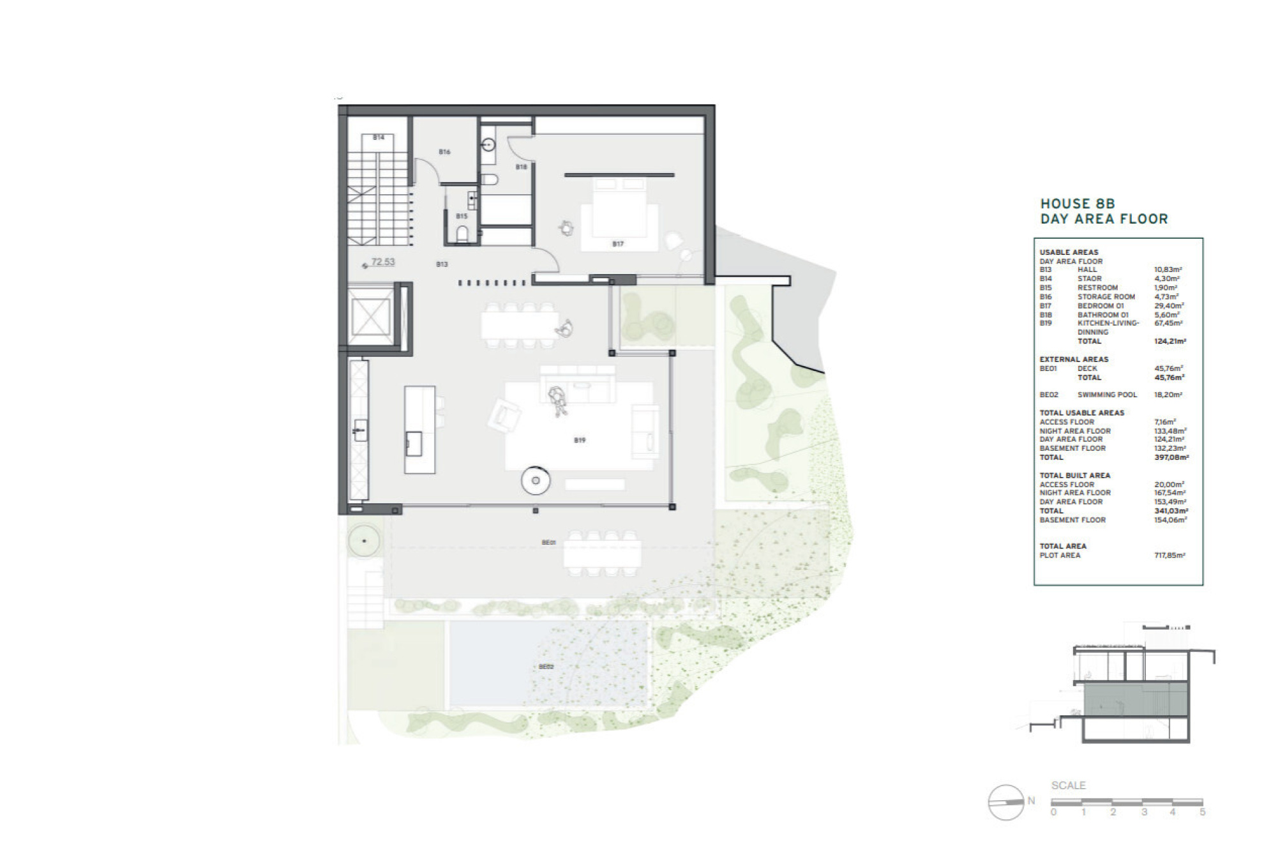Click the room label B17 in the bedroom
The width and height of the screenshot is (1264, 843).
[617, 244]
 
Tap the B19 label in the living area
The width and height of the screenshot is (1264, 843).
[579, 440]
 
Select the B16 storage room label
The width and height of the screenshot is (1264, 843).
[444, 152]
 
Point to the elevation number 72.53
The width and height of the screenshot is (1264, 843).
[383, 262]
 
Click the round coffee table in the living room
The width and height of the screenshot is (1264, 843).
[536, 480]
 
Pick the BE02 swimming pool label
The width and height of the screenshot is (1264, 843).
[546, 667]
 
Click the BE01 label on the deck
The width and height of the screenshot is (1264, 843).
[548, 542]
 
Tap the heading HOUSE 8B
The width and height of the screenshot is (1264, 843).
[1078, 204]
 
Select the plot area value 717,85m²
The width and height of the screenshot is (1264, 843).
[1170, 556]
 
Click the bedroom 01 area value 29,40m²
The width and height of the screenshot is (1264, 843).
[1169, 306]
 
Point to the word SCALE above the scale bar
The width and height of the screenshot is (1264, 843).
[1069, 786]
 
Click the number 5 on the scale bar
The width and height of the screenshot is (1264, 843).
[1203, 812]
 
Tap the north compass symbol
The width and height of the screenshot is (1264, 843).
[1007, 802]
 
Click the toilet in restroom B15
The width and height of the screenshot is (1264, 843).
[462, 234]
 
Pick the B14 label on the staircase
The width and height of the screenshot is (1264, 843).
[379, 137]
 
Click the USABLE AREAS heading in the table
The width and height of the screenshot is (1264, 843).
[1069, 252]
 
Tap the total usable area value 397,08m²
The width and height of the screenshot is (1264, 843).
[1171, 457]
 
